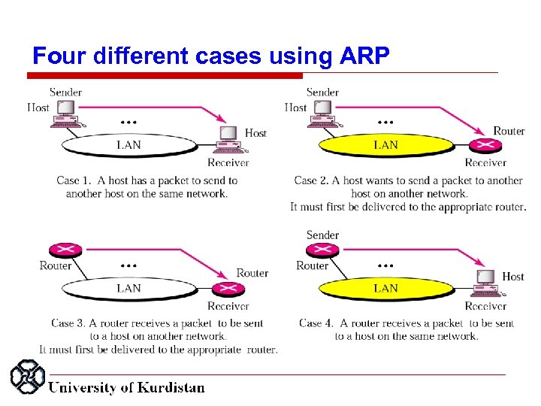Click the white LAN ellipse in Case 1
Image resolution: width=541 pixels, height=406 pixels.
pos(128,144)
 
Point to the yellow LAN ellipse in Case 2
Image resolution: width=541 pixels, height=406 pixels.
pos(385,144)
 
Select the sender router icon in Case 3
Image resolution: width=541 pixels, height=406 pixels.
pos(56,250)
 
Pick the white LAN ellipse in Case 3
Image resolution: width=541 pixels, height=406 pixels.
pos(128,288)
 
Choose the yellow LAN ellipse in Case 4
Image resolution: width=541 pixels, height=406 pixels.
pos(385,288)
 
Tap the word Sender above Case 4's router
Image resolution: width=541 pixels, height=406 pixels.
pos(322,235)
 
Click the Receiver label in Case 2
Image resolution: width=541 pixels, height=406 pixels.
pos(485,162)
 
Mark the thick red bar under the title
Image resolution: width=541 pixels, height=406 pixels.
pos(165,76)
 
